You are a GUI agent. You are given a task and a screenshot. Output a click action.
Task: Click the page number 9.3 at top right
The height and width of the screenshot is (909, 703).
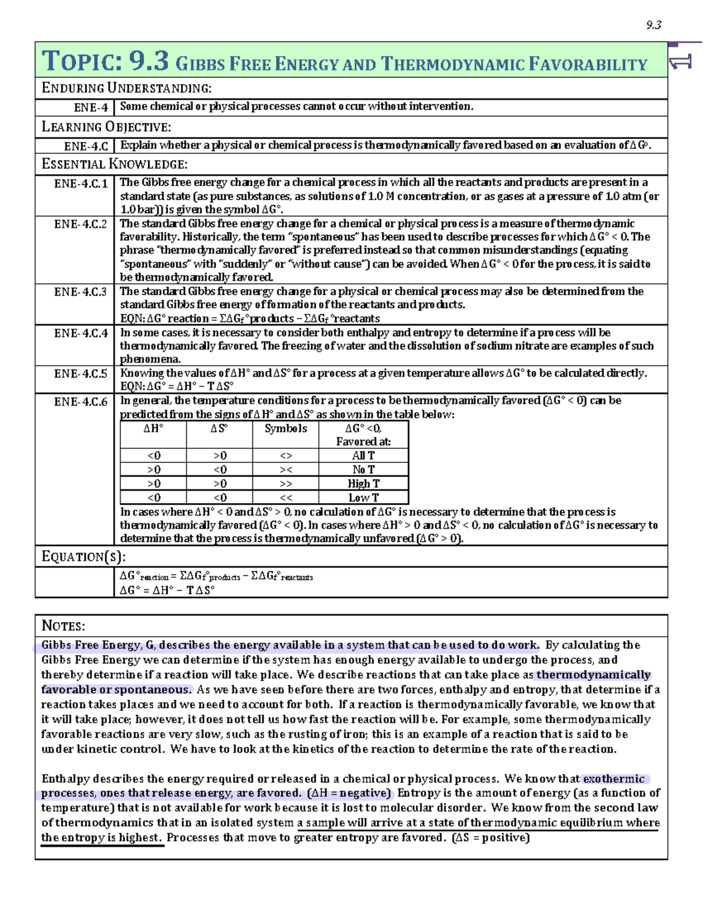pyautogui.click(x=653, y=25)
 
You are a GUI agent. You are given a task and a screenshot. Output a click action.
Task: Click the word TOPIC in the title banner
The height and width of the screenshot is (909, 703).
pyautogui.click(x=82, y=61)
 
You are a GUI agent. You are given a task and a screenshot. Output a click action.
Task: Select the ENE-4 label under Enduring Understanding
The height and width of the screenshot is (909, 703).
pyautogui.click(x=91, y=108)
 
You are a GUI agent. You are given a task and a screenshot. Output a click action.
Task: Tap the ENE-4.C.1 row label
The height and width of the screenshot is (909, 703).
pyautogui.click(x=81, y=184)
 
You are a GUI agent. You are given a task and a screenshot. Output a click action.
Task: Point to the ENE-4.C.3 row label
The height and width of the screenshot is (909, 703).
pyautogui.click(x=81, y=292)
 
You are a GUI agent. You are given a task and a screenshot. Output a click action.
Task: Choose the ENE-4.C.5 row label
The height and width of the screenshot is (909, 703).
pyautogui.click(x=81, y=374)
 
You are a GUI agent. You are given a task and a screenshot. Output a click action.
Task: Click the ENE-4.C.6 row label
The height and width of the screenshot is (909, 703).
pyautogui.click(x=81, y=402)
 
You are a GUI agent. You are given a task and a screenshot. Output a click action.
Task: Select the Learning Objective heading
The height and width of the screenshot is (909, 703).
pyautogui.click(x=106, y=127)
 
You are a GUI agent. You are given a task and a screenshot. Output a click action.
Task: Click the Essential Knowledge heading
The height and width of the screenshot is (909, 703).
pyautogui.click(x=114, y=164)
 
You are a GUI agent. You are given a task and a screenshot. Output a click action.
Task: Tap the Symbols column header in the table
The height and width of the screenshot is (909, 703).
pyautogui.click(x=285, y=428)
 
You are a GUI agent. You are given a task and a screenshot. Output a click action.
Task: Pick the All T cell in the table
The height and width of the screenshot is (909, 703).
pyautogui.click(x=363, y=455)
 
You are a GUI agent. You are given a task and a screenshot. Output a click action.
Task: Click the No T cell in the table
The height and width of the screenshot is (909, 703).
pyautogui.click(x=363, y=469)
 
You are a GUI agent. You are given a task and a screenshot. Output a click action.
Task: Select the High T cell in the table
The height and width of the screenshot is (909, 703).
pyautogui.click(x=363, y=483)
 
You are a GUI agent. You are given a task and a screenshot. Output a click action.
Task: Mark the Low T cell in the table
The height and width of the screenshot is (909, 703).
pyautogui.click(x=363, y=498)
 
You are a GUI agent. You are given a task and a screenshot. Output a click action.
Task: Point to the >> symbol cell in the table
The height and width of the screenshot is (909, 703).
pyautogui.click(x=286, y=483)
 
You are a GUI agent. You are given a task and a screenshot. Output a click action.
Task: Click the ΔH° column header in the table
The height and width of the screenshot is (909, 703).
pyautogui.click(x=153, y=428)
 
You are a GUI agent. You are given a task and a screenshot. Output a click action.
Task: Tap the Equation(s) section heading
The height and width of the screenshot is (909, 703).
pyautogui.click(x=83, y=557)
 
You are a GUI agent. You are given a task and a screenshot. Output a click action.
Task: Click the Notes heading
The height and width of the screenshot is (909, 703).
pyautogui.click(x=63, y=626)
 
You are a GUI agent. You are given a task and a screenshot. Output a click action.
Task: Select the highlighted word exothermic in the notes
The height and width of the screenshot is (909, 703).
pyautogui.click(x=613, y=779)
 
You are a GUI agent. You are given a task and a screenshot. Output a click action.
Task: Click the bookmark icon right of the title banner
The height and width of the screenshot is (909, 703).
pyautogui.click(x=681, y=60)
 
